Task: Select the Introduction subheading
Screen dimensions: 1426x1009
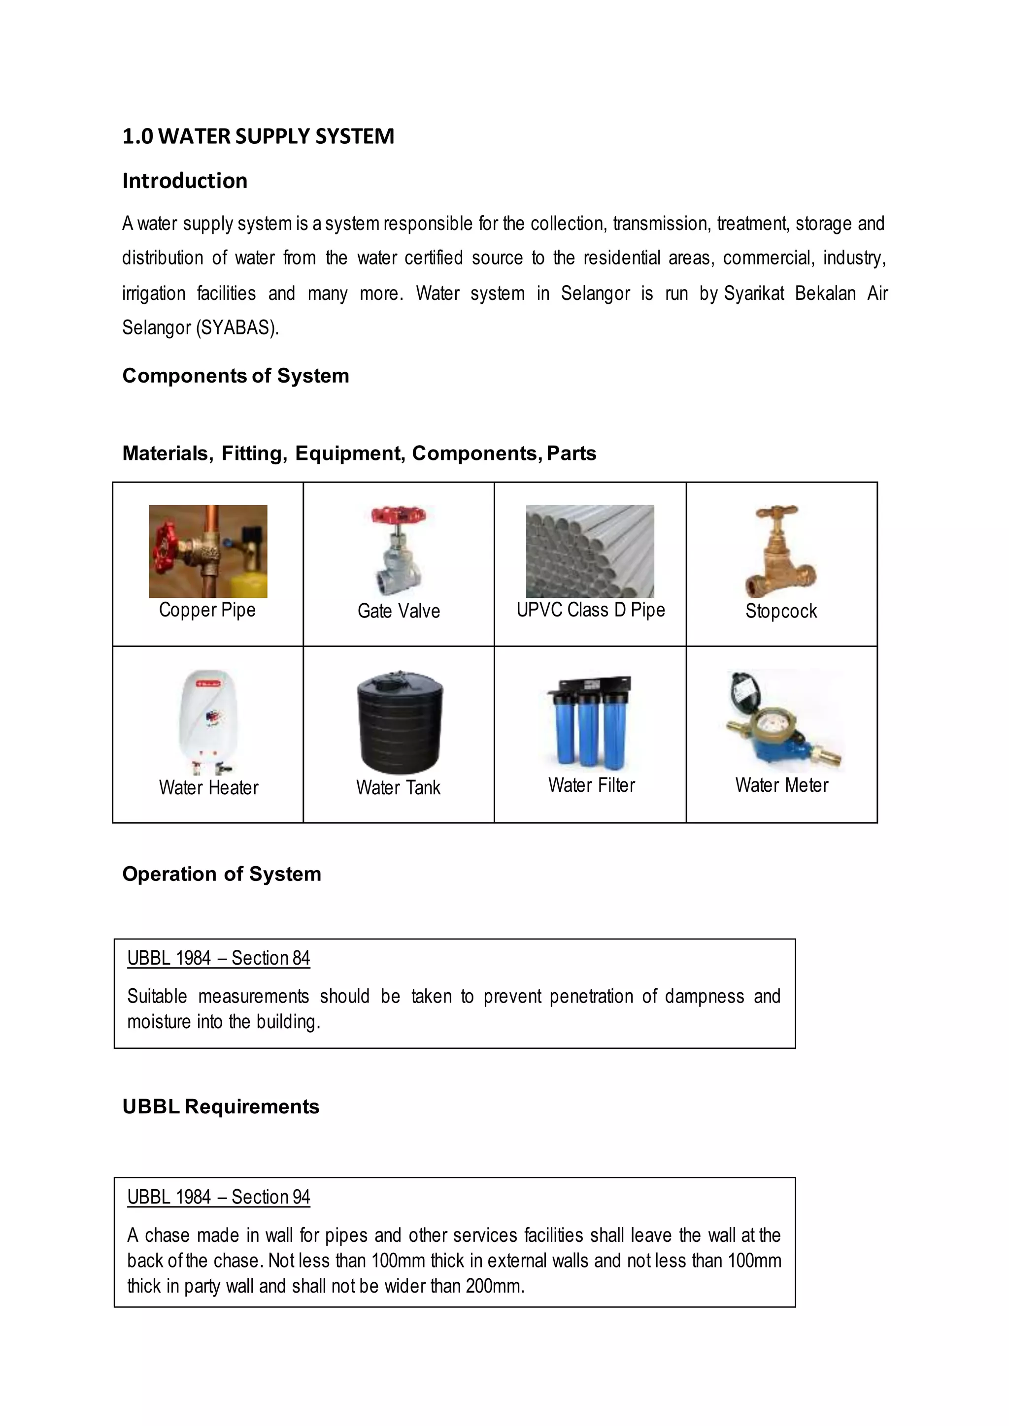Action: (x=185, y=181)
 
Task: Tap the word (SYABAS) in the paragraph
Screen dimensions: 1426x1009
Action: (x=237, y=328)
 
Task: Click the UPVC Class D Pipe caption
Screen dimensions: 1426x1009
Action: (x=590, y=610)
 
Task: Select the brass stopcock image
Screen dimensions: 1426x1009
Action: (x=781, y=551)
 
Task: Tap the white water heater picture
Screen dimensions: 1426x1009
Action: (x=207, y=720)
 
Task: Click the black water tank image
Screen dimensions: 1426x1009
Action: (x=400, y=722)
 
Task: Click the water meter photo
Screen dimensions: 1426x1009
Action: (x=781, y=720)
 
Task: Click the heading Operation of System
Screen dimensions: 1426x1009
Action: (x=221, y=875)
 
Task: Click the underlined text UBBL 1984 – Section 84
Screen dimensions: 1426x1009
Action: (x=218, y=958)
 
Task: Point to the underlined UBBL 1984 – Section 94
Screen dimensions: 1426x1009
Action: (x=218, y=1197)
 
